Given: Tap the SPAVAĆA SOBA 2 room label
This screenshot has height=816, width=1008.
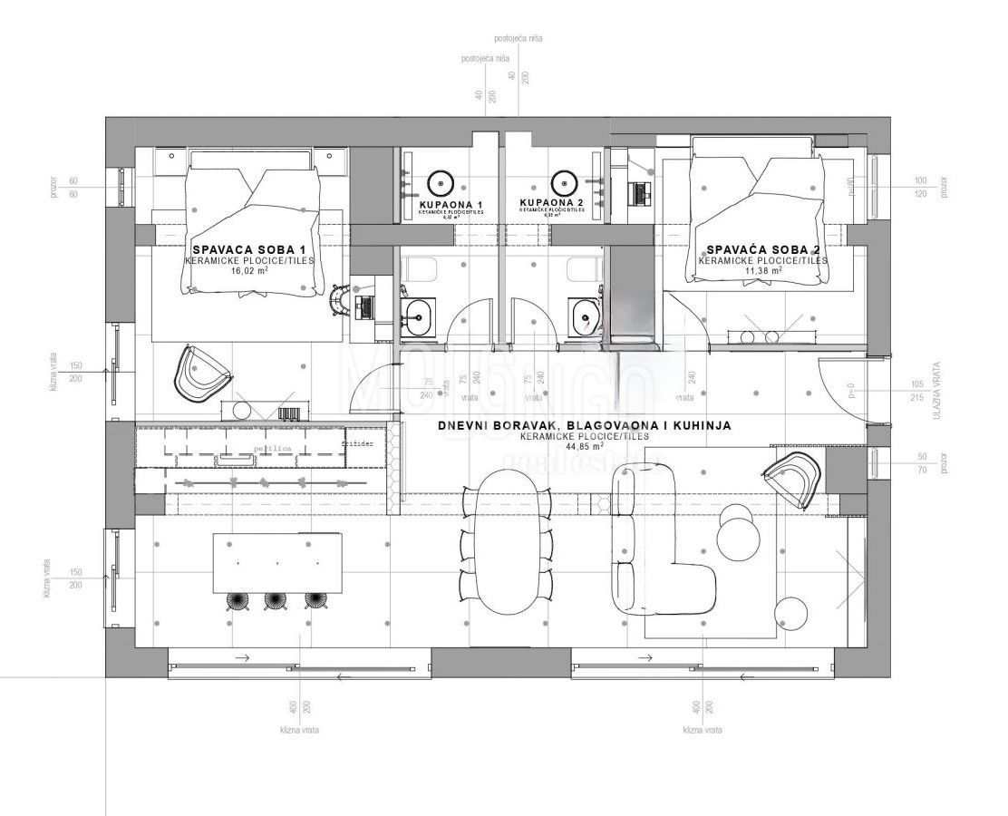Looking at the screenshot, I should point(763,248).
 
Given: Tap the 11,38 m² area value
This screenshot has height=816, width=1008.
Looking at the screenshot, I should point(762,270).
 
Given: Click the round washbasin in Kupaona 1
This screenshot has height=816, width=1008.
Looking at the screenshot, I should point(441,181).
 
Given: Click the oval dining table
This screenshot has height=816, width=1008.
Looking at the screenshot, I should point(508,549).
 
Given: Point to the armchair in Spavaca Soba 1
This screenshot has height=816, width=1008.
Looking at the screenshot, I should point(201,374).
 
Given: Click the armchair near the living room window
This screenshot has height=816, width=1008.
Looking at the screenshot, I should point(794,480).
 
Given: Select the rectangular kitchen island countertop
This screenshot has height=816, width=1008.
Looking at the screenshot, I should point(277,563).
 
